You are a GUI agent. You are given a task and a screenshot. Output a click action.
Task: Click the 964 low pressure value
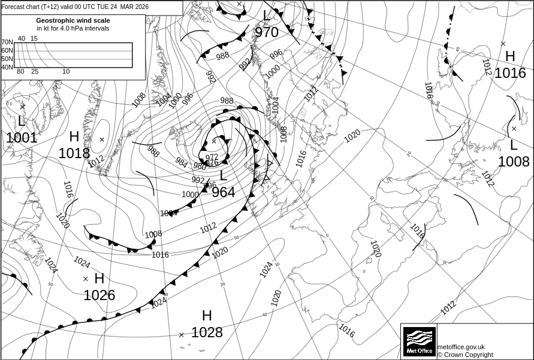(x=223, y=192)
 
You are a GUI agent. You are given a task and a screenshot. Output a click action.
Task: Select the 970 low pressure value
(x=267, y=32)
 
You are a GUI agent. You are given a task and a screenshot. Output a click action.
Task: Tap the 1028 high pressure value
(x=207, y=332)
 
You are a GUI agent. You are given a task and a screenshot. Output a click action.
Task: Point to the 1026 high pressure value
(x=99, y=295)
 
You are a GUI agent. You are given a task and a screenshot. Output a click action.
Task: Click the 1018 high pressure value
(x=74, y=153)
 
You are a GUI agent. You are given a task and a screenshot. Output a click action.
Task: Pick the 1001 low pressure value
(x=22, y=138)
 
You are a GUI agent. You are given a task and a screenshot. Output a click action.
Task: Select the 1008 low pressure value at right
(x=514, y=162)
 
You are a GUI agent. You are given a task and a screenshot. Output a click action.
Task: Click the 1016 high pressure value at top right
(x=510, y=73)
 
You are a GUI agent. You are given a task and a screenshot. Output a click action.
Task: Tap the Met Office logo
(x=419, y=341)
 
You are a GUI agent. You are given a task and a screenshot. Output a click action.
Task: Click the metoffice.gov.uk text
(x=461, y=347)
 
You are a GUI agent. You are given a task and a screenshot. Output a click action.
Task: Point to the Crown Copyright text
(x=465, y=355)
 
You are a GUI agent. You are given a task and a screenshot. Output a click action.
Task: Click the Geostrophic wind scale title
(x=73, y=20)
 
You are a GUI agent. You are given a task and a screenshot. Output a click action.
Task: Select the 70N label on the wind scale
(x=7, y=43)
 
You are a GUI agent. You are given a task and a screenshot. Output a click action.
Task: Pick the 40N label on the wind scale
(x=7, y=67)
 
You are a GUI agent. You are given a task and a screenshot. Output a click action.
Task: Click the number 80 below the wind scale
(x=20, y=72)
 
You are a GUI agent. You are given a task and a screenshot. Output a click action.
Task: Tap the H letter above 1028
(x=207, y=316)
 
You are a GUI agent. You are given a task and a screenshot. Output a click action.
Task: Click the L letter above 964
(x=223, y=176)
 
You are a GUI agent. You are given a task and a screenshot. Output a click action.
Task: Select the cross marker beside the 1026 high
(x=85, y=279)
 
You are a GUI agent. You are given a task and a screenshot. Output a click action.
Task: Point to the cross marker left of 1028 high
(x=182, y=335)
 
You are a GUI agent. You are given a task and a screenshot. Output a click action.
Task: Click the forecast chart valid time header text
(x=76, y=7)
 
